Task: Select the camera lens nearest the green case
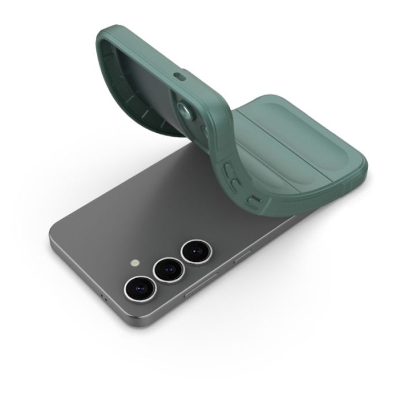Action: point(194,252)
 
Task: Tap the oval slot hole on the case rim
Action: point(179,76)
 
